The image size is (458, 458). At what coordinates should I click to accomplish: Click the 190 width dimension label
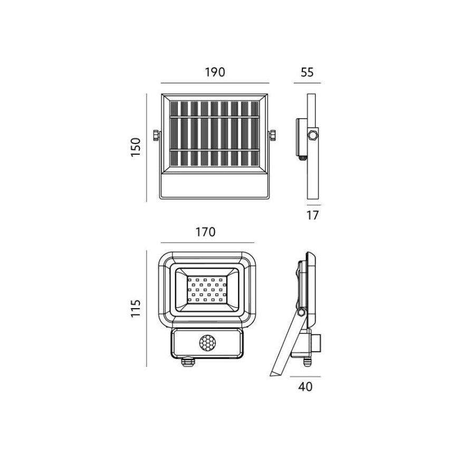click(x=215, y=72)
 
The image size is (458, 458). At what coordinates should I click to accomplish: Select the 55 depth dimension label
click(x=307, y=72)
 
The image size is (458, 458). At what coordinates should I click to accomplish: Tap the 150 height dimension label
click(x=136, y=148)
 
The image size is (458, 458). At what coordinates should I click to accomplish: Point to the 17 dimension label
click(x=313, y=215)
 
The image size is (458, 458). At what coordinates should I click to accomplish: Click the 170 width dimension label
click(x=206, y=232)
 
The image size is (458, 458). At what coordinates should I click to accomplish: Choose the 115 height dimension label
click(x=136, y=308)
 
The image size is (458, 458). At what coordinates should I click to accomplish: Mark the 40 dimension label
click(x=306, y=387)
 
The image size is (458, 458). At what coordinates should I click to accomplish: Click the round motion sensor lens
click(x=206, y=343)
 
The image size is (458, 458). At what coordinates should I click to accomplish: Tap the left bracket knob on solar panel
click(x=156, y=136)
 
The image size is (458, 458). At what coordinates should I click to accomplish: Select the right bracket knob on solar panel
click(x=273, y=136)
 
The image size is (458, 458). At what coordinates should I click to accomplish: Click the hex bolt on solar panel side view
click(x=313, y=136)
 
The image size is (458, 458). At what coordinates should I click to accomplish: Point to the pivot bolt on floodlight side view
click(x=301, y=313)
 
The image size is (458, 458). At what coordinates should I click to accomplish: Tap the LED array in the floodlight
click(x=206, y=289)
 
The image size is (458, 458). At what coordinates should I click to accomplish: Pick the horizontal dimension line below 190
click(x=215, y=83)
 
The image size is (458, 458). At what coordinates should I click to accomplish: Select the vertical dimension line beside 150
click(x=146, y=148)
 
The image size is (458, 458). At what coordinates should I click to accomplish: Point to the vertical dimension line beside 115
click(x=146, y=308)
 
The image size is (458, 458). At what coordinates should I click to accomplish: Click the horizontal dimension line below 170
click(x=206, y=243)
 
